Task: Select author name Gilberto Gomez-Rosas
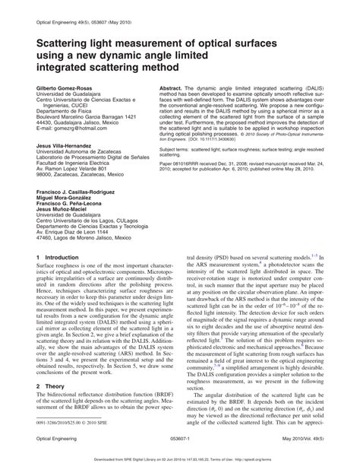[66, 88]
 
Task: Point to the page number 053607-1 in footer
[179, 439]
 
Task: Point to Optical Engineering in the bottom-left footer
[56, 439]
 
